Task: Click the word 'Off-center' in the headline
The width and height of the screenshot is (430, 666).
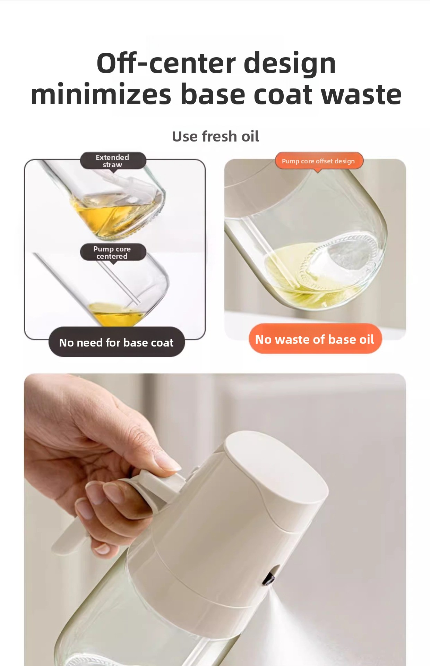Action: point(165,63)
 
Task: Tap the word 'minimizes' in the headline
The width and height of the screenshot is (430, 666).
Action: point(101,94)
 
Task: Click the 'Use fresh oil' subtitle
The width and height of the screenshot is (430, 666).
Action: point(215,136)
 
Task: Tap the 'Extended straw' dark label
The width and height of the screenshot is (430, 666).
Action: point(113,161)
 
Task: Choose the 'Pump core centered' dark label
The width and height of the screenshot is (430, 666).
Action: point(112,252)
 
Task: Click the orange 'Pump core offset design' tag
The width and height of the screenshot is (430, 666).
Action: point(319,161)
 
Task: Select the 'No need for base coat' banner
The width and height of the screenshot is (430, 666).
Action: point(117,342)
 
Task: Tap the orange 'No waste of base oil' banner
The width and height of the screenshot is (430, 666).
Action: point(315,339)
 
